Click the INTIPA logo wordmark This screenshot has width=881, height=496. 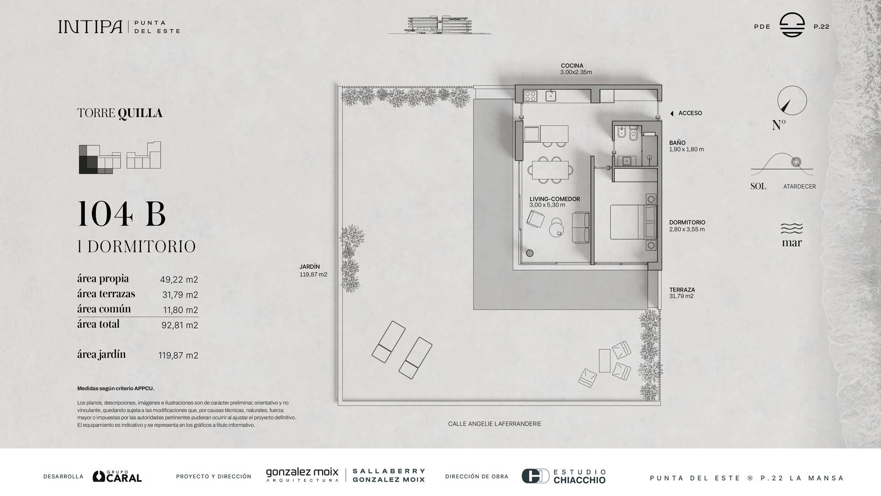pos(90,27)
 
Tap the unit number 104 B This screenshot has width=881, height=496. pos(122,214)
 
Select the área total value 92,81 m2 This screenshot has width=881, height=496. pos(180,325)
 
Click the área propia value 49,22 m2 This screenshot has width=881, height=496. pos(179,279)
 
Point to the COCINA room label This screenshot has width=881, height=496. pos(572,66)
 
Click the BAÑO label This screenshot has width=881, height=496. pos(677,143)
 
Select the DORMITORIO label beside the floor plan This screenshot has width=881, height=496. pos(687,223)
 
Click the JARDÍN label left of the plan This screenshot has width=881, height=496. pos(309,267)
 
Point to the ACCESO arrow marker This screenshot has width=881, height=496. pos(672,114)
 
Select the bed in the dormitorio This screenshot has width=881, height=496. pos(633,222)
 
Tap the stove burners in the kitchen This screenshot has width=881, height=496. pos(530,96)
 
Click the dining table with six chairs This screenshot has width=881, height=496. pos(550,170)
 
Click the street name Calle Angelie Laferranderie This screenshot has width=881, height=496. pos(494,424)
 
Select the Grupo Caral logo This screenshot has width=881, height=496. pos(117,476)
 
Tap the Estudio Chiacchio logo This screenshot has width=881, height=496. pos(564,476)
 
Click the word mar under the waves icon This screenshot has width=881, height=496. pos(792,243)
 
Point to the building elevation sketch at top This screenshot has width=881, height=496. pos(440,25)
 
